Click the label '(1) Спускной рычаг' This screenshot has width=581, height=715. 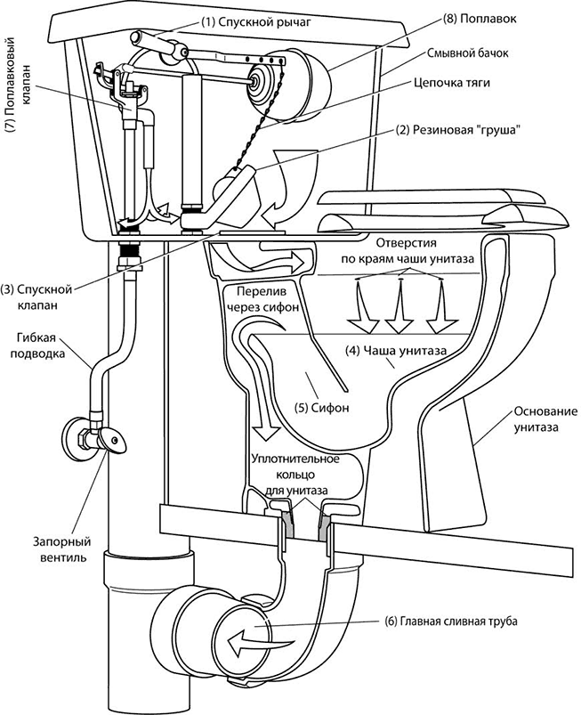[x=255, y=21]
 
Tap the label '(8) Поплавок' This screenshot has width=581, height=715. [x=479, y=20]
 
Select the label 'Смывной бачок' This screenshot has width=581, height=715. [x=467, y=53]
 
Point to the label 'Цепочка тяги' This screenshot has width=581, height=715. [x=452, y=83]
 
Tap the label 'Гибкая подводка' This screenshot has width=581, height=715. [x=36, y=345]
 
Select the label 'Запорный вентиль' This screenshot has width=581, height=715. [x=61, y=549]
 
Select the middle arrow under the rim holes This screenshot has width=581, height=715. [x=399, y=306]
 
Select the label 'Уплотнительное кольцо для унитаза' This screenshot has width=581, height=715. [x=295, y=475]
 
